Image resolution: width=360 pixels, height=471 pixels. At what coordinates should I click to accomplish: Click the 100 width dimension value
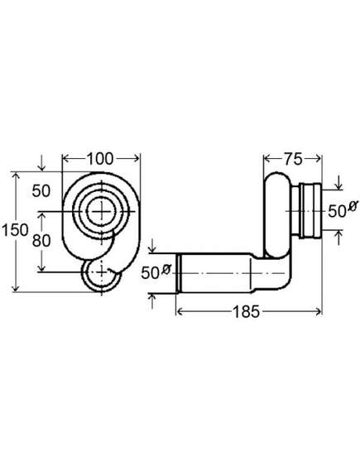tap(100, 159)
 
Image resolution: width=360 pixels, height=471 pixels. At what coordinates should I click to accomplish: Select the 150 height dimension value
tap(16, 230)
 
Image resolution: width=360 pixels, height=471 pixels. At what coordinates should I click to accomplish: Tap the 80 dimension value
tap(41, 240)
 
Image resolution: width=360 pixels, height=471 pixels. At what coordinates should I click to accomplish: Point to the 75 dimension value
tap(293, 159)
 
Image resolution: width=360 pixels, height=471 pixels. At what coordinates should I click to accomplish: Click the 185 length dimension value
tap(246, 312)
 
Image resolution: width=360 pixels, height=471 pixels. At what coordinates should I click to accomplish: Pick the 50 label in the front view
tap(41, 190)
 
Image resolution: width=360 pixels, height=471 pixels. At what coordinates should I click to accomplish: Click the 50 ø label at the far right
tap(343, 209)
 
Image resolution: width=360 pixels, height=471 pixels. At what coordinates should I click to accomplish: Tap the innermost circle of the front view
tap(102, 211)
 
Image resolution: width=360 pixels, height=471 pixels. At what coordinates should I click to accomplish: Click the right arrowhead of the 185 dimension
tap(319, 312)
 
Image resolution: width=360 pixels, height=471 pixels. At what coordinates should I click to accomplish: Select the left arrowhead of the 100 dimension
tap(65, 158)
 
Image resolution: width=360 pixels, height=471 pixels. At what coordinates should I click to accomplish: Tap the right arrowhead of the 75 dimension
tap(319, 158)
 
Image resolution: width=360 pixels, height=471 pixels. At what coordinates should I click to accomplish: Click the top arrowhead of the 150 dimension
tap(16, 175)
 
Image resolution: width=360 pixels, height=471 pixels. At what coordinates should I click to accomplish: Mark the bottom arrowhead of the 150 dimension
tap(16, 288)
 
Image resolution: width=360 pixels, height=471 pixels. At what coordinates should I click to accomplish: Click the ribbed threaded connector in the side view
tap(306, 211)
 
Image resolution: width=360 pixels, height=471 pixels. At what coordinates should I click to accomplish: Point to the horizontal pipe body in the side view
tap(215, 272)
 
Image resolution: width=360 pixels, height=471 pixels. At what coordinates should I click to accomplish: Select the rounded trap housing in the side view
tap(277, 215)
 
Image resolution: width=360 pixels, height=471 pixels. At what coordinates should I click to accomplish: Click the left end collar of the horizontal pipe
tap(179, 272)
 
